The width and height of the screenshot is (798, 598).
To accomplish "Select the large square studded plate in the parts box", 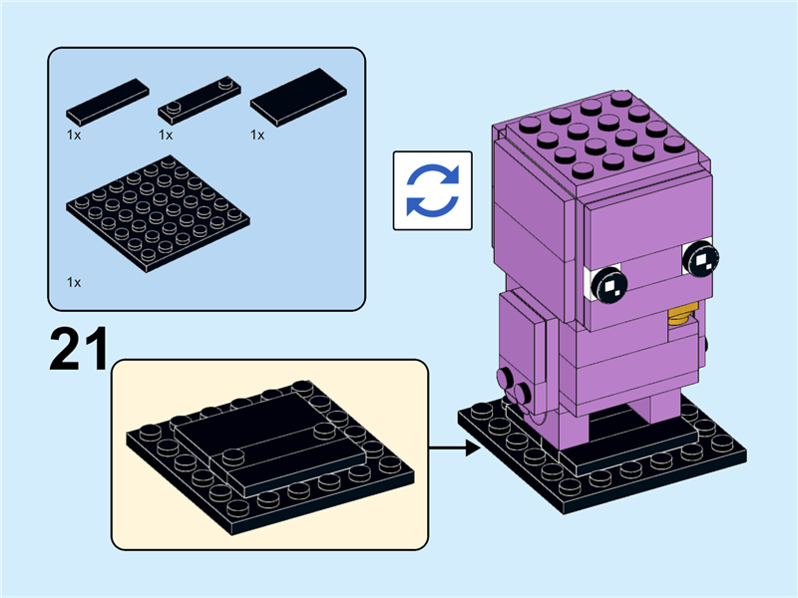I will [x=158, y=213].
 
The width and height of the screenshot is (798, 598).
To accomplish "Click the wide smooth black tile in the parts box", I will [x=298, y=98].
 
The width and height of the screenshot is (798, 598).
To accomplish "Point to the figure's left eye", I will [x=608, y=287].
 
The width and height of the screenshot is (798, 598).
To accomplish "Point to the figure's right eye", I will [x=700, y=259].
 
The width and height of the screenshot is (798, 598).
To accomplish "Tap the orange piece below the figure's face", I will [x=680, y=317].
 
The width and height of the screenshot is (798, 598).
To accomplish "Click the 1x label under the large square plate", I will [x=74, y=283].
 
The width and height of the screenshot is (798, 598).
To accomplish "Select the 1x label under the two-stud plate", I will [x=166, y=135].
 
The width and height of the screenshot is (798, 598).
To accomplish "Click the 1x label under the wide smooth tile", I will [x=257, y=135].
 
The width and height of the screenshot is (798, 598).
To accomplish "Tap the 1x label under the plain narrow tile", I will [x=74, y=135].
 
